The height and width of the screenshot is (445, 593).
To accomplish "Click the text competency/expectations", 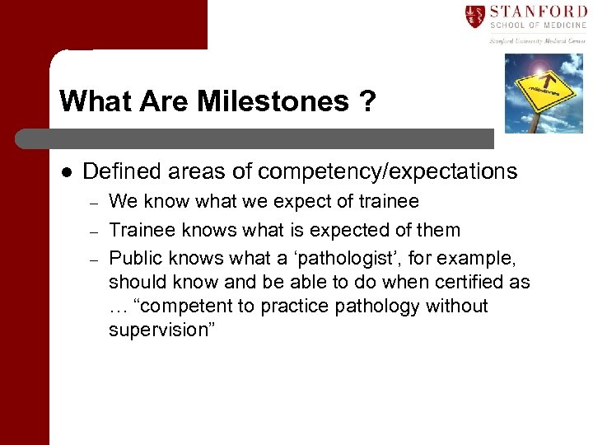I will coord(387,171).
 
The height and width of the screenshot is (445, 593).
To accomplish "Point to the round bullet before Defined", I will coord(66,172).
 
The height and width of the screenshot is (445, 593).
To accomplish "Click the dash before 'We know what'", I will coord(94,203).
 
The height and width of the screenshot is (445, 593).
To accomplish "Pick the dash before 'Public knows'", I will coord(94,260).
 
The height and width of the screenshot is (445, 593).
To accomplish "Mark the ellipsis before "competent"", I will coord(119,307).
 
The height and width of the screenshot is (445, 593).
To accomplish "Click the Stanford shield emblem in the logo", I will coord(474,16).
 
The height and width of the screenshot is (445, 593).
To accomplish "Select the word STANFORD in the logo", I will coord(539,12).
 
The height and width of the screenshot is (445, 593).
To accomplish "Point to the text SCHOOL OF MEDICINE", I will coord(539,26).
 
